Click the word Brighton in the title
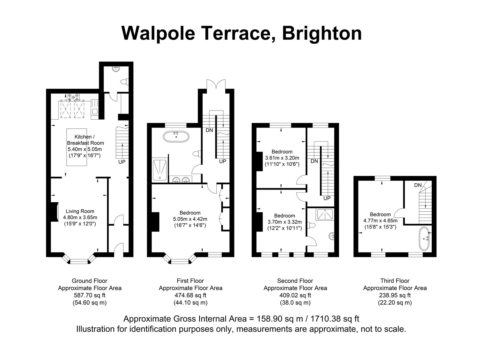tap(322, 33)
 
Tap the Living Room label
tap(80, 211)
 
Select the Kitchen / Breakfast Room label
tap(85, 140)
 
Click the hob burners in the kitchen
tap(73, 97)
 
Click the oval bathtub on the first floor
tap(176, 137)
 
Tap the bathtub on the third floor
tap(424, 239)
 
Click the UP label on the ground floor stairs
tap(122, 162)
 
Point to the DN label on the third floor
tap(418, 185)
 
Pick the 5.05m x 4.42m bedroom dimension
tap(190, 219)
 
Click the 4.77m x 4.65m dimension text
tap(380, 221)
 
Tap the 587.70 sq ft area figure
tap(90, 295)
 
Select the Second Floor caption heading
tap(295, 281)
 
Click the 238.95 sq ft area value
tap(395, 295)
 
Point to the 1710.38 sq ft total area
tap(335, 319)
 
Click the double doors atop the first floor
tap(216, 84)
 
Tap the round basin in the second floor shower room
tap(332, 236)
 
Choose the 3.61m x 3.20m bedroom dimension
tap(282, 158)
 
